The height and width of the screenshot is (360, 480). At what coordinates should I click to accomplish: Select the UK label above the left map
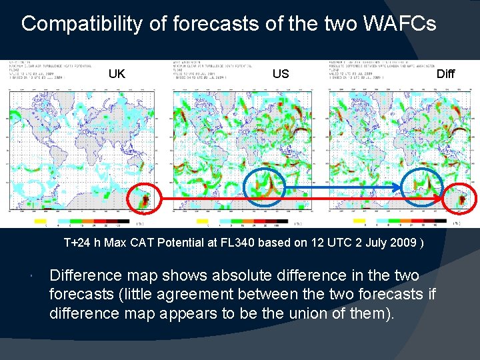(x=117, y=73)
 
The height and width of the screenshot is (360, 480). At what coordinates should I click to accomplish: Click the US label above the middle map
(x=281, y=73)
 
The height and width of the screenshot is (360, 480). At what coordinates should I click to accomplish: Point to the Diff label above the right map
(x=445, y=73)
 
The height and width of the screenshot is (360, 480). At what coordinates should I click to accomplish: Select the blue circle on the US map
(x=265, y=184)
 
